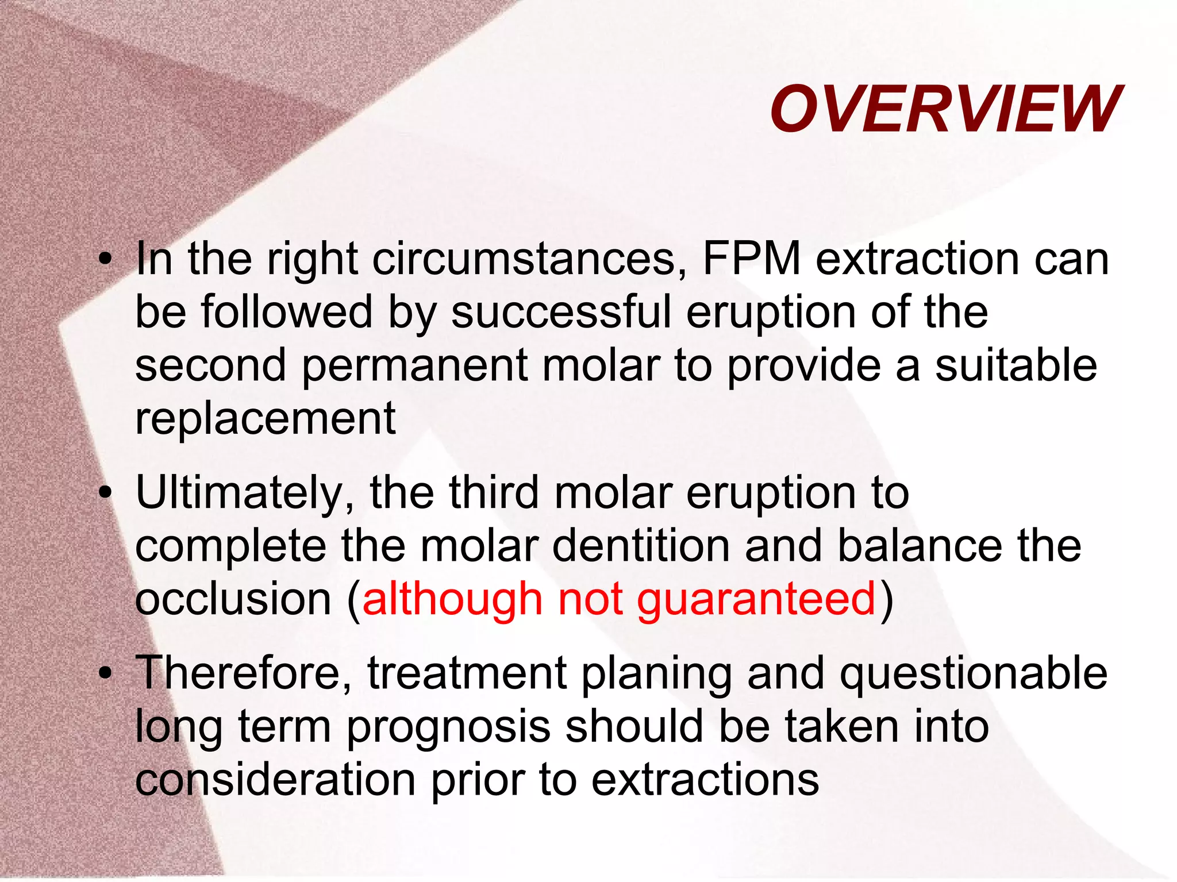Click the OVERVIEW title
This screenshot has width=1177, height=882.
click(945, 109)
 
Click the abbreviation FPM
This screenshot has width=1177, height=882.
click(751, 259)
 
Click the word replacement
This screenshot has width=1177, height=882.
click(265, 418)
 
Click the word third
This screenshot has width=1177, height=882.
click(494, 493)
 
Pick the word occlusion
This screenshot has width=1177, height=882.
click(233, 599)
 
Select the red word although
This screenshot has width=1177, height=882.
click(452, 599)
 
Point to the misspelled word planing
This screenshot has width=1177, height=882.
click(656, 674)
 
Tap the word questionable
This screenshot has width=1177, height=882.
click(973, 673)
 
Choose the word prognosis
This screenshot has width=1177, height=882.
click(449, 727)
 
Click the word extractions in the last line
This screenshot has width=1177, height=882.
click(705, 780)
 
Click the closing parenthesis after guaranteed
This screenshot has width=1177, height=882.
click(887, 600)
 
